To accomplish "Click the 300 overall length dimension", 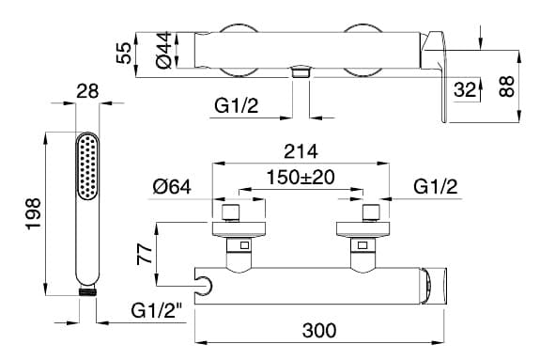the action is (x=319, y=330).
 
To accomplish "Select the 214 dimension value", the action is (x=301, y=151).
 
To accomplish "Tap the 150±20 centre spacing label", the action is (x=301, y=178).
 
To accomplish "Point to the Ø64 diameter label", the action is (x=172, y=187).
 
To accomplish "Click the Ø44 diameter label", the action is (x=163, y=50).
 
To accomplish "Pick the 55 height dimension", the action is (x=124, y=53).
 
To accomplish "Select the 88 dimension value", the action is (x=506, y=86).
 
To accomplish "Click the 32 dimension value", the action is (x=465, y=89).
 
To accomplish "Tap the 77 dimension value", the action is (x=145, y=254).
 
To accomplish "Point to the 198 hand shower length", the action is (x=34, y=213).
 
